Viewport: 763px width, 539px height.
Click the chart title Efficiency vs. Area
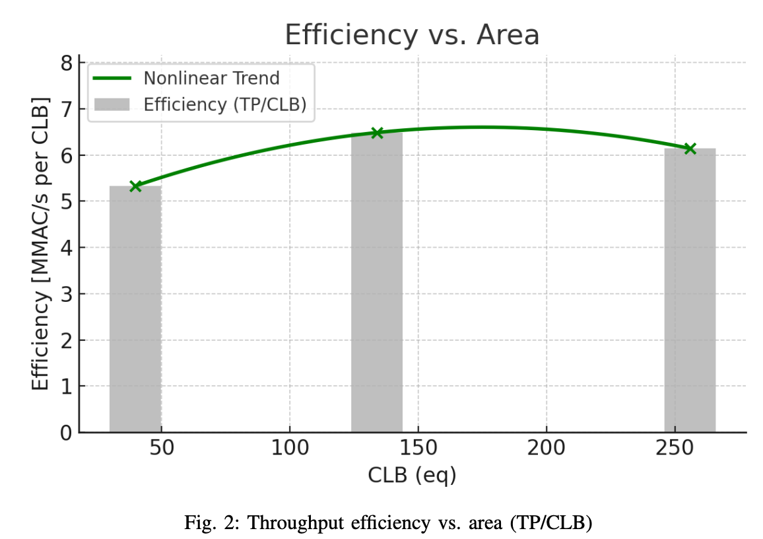pyautogui.click(x=412, y=35)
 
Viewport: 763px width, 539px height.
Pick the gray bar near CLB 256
pyautogui.click(x=690, y=291)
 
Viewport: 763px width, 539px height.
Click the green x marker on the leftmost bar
pyautogui.click(x=135, y=186)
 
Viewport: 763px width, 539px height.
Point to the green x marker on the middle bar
pyautogui.click(x=377, y=133)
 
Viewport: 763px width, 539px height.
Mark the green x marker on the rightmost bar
pyautogui.click(x=690, y=149)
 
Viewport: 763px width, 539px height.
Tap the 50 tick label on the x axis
pyautogui.click(x=162, y=448)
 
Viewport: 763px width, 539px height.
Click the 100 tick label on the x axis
pyautogui.click(x=290, y=448)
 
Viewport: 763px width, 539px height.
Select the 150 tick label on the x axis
pyautogui.click(x=418, y=448)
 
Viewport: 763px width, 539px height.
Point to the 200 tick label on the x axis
pyautogui.click(x=547, y=448)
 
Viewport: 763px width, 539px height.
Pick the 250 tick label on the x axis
pyautogui.click(x=675, y=448)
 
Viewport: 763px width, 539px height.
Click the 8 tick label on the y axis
pyautogui.click(x=66, y=63)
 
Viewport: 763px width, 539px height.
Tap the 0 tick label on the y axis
pyautogui.click(x=66, y=433)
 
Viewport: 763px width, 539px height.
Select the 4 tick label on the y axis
pyautogui.click(x=66, y=248)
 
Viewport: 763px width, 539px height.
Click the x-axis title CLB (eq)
pyautogui.click(x=412, y=474)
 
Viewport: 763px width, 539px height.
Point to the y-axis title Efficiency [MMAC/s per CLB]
pyautogui.click(x=41, y=244)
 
